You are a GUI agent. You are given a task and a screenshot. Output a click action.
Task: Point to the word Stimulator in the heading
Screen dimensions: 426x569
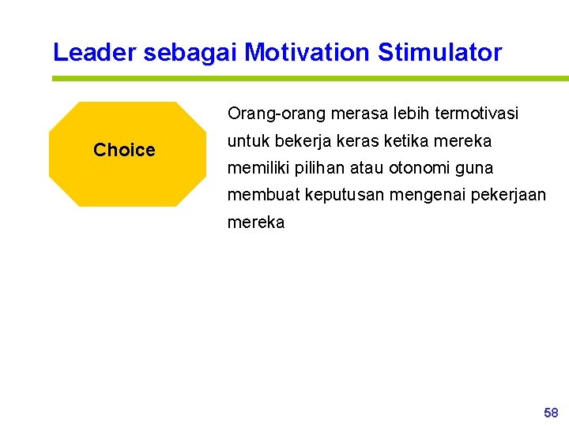tap(439, 53)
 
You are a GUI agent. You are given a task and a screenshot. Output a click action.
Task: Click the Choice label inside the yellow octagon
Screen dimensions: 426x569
tap(124, 150)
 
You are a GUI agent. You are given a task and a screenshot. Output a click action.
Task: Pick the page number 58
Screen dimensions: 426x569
tap(551, 413)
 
